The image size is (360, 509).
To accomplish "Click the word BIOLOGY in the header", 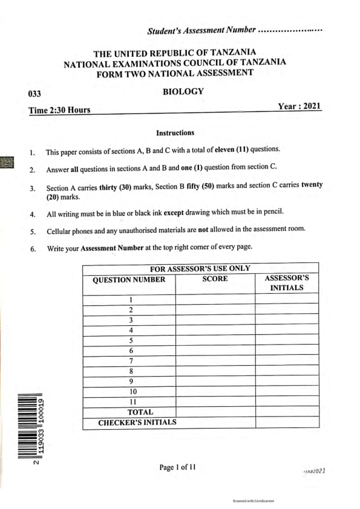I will click(183, 92).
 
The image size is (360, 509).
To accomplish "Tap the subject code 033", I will click(35, 94).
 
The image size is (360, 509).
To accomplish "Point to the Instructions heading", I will click(175, 132).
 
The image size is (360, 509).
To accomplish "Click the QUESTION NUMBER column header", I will click(128, 279).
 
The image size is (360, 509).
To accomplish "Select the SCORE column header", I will click(215, 279).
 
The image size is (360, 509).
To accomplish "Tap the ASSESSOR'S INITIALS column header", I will click(287, 284).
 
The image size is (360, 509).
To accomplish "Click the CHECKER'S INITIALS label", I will click(137, 422).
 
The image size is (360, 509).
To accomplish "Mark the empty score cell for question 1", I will click(215, 299).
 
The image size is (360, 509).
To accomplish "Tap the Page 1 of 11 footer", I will click(177, 467).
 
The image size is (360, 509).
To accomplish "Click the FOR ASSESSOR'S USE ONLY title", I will click(200, 268).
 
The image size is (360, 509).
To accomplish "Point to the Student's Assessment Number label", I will click(201, 30).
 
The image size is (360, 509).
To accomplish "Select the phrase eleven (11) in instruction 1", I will click(227, 149).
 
